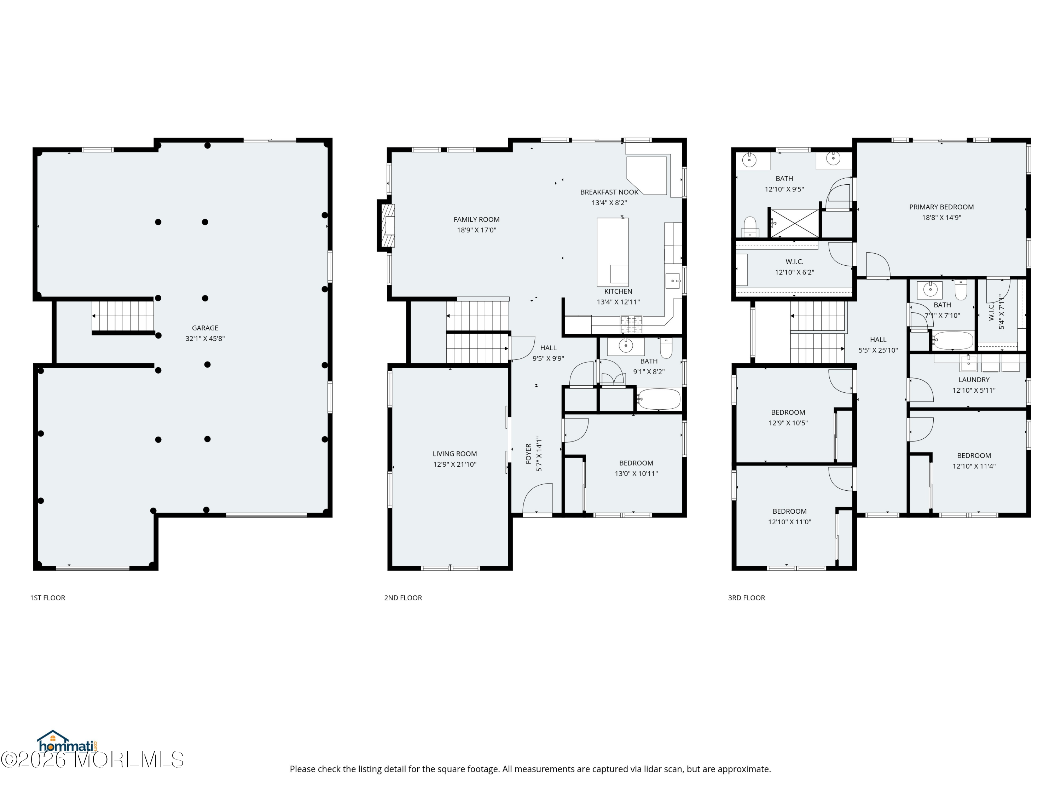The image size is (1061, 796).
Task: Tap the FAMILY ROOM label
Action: [476, 220]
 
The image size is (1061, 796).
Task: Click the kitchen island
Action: [613, 252]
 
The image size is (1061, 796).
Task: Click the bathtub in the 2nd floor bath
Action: [659, 399]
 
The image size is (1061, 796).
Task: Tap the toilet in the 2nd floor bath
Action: [666, 348]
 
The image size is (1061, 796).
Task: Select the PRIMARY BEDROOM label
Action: [941, 207]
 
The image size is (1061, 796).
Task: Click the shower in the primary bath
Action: [794, 223]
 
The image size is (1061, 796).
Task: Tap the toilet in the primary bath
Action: [750, 226]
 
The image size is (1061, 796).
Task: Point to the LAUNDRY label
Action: [974, 380]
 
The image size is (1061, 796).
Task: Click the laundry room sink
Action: [968, 363]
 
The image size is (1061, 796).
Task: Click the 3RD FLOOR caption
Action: [746, 598]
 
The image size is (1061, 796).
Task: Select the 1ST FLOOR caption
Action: [47, 598]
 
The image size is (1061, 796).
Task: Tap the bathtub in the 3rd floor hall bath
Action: [952, 341]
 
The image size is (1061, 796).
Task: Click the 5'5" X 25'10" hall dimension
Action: [878, 351]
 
